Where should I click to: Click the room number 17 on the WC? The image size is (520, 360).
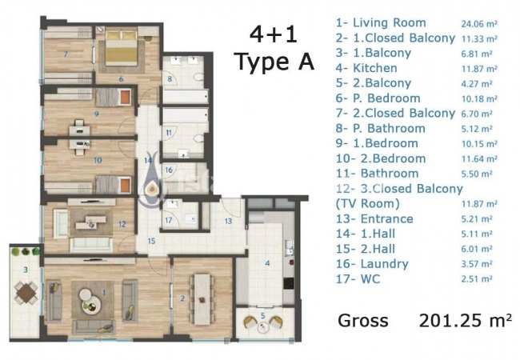169,220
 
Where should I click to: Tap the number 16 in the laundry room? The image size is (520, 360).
169,170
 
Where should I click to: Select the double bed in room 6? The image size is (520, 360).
121,46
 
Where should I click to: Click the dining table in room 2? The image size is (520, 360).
202,299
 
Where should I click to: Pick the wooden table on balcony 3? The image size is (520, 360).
26,293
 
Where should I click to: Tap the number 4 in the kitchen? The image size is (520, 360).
267,263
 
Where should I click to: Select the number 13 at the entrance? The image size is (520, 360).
228,221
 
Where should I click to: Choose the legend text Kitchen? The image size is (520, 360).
375,68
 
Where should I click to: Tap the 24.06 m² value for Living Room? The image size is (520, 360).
479,24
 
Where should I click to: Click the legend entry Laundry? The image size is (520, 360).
384,264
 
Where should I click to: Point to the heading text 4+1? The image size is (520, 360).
273,35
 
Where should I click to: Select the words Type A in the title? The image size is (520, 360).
274,62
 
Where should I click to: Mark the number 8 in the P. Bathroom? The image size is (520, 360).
170,79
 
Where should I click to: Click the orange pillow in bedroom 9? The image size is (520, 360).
125,97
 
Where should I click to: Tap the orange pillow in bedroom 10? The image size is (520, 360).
125,185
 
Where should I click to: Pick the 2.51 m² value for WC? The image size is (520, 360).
477,279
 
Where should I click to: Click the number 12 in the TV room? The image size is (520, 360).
122,224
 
